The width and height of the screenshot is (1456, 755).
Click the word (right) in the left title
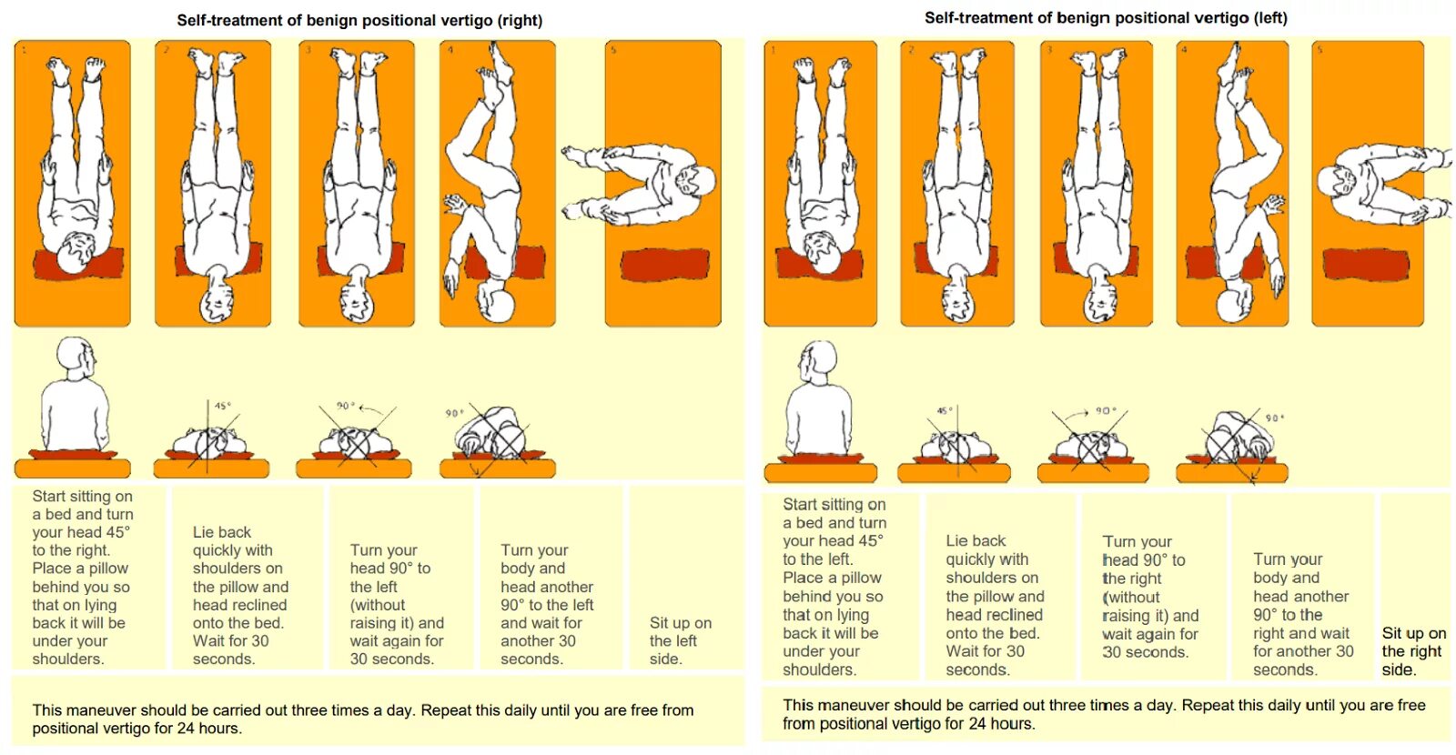pos(520,20)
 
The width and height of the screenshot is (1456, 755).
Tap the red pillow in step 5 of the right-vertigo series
pos(665,265)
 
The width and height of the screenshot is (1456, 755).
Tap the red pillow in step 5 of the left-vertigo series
pos(1367,264)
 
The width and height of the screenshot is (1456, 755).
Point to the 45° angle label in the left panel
pos(222,406)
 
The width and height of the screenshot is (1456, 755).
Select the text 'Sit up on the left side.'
pos(680,640)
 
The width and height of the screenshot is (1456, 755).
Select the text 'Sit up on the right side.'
pos(1413,651)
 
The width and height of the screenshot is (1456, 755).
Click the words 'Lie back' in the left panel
pos(221,532)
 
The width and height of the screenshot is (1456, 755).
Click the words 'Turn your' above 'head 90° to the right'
pos(1137,541)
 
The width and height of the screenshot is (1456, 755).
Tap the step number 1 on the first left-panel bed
pos(24,49)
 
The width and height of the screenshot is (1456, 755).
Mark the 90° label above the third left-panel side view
pos(345,406)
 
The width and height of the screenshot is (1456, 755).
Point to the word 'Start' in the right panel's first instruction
pos(800,504)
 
